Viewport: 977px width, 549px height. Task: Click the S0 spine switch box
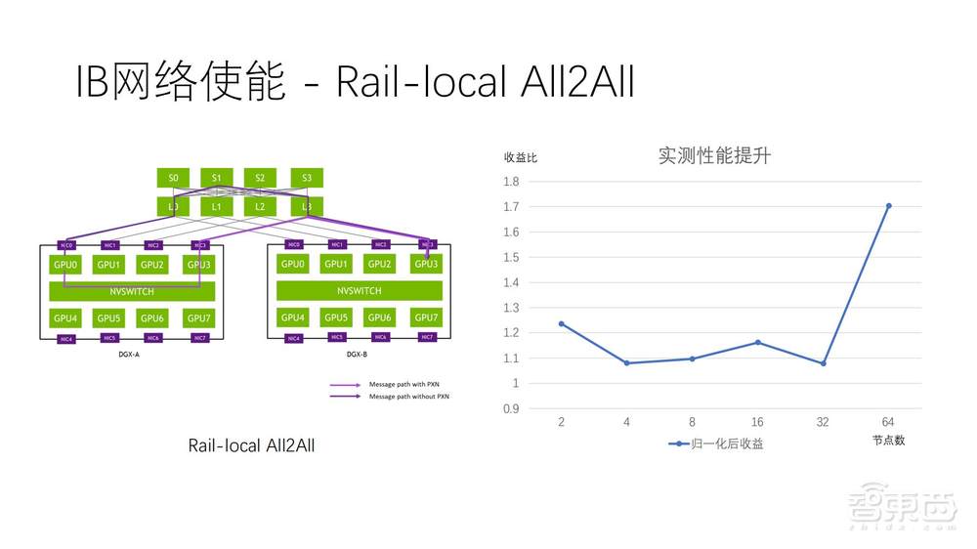(173, 178)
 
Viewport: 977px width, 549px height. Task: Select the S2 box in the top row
(260, 178)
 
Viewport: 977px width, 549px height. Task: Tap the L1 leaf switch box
(217, 206)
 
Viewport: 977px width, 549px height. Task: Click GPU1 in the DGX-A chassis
(108, 265)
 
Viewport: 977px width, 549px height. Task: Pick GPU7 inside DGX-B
(426, 317)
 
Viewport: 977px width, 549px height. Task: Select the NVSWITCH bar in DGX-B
(360, 291)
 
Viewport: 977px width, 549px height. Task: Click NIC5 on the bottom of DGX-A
(109, 338)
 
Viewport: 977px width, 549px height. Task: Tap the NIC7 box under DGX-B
(427, 337)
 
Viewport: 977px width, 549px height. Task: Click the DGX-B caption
(358, 355)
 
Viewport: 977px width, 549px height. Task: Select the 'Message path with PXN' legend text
(397, 385)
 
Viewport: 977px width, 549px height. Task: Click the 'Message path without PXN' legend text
(402, 397)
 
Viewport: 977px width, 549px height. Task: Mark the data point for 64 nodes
(888, 206)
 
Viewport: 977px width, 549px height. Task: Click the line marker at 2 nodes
(561, 323)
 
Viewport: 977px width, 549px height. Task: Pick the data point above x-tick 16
(757, 342)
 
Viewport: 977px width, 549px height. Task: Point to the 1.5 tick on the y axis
(511, 257)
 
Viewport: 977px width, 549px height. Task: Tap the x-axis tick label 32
(822, 421)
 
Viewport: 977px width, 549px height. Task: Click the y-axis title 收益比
(520, 156)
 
